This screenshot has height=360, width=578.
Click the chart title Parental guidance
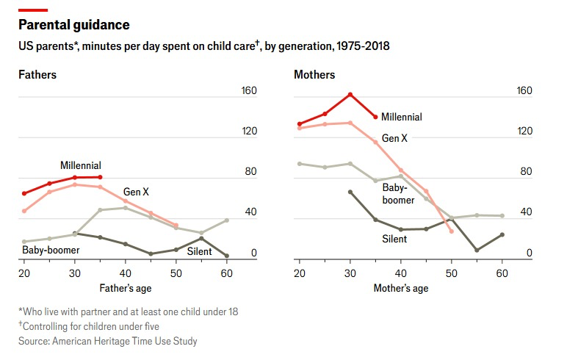(x=73, y=25)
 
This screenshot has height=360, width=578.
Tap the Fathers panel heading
(x=37, y=75)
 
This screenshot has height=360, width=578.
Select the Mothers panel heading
(x=314, y=75)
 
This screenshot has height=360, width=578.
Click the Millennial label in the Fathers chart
(x=81, y=165)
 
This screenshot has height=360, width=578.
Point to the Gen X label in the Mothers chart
(x=395, y=138)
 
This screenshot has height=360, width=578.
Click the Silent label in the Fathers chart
(x=199, y=251)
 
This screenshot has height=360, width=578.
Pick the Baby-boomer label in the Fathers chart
(x=51, y=250)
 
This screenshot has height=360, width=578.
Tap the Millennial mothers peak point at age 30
(x=350, y=94)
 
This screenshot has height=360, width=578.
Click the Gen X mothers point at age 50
(x=452, y=231)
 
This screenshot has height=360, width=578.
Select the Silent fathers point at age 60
(x=227, y=256)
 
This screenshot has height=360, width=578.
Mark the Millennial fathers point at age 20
(x=24, y=193)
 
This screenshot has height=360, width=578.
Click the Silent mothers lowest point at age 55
(x=477, y=250)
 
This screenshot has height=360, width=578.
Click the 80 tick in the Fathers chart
(x=249, y=172)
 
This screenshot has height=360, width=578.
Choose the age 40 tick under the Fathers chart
(x=126, y=273)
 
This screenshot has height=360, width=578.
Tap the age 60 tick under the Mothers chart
(x=502, y=273)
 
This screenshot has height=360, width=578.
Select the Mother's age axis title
(x=400, y=288)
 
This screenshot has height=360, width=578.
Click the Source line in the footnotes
(x=108, y=341)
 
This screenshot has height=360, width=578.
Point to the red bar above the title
(x=33, y=10)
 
